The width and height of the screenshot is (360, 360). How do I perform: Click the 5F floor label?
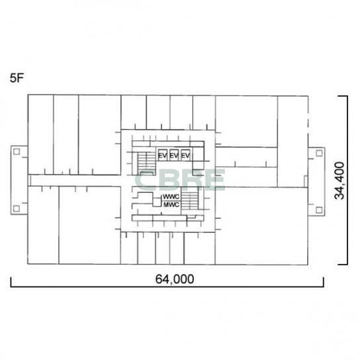(17, 78)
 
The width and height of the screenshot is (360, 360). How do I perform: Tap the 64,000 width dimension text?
(175, 279)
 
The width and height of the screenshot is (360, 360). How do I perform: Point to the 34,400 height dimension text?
(339, 181)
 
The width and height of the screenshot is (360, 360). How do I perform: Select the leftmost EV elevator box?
(163, 155)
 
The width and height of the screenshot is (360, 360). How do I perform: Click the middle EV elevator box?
(174, 155)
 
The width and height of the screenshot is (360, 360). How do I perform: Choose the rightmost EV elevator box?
(185, 155)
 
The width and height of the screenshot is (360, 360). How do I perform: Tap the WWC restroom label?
(171, 197)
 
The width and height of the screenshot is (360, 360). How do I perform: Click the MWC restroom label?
(171, 204)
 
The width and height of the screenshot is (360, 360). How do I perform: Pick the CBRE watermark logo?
(179, 180)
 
